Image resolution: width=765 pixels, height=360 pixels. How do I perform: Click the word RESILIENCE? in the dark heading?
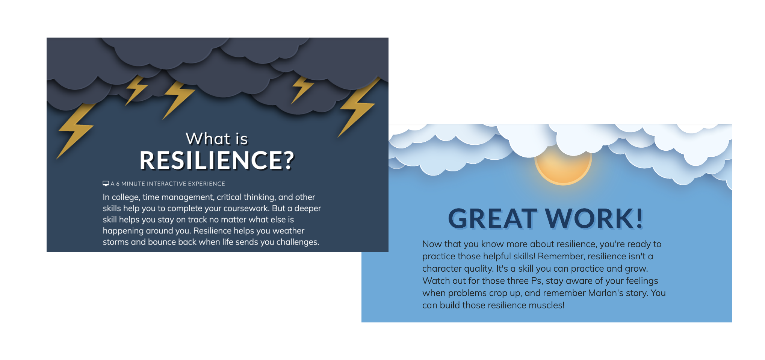(x=217, y=160)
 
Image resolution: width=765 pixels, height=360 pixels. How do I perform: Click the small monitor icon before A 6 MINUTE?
(x=106, y=183)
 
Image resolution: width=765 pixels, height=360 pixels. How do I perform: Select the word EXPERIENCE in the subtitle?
(x=206, y=184)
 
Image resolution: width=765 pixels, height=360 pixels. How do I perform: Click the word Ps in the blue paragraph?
(x=537, y=281)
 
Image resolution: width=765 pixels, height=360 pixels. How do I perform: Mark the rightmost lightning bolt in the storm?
(x=359, y=107)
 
